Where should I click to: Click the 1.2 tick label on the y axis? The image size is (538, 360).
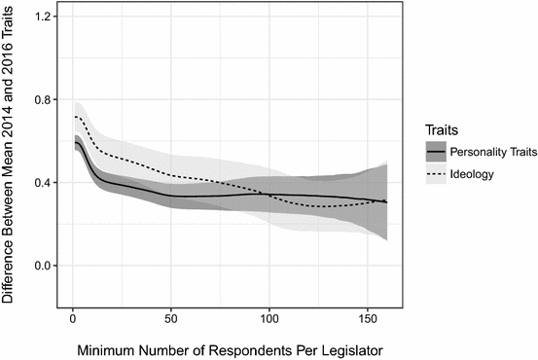[40, 17]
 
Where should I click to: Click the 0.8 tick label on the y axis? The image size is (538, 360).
[40, 99]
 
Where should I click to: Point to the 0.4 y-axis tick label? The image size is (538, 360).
[40, 183]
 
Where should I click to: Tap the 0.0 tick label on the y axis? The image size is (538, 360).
[40, 266]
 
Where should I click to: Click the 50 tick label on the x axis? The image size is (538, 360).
[170, 318]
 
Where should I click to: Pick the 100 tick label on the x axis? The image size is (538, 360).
[269, 318]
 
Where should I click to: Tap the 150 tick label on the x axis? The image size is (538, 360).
[368, 318]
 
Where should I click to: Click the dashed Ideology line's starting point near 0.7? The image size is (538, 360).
[75, 117]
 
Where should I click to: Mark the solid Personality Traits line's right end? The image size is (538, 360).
[387, 202]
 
